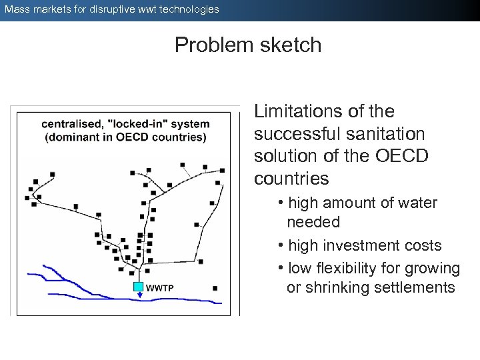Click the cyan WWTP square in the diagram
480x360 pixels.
(138, 287)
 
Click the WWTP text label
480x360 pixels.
(160, 288)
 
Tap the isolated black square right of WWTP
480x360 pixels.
(215, 289)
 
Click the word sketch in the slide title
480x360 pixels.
(290, 45)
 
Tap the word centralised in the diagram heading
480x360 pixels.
(71, 124)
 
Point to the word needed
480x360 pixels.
(313, 222)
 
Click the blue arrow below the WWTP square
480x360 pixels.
(139, 297)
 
